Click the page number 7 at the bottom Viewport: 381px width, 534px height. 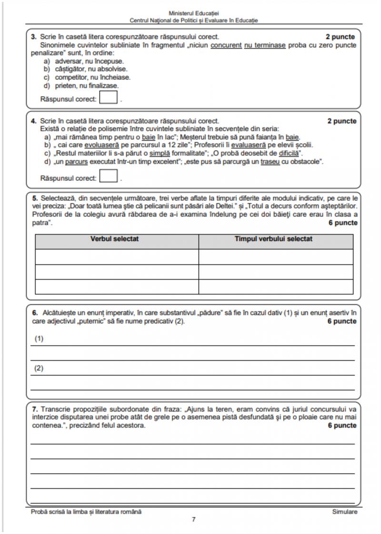[x=193, y=520]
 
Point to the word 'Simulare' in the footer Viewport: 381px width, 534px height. [x=344, y=512]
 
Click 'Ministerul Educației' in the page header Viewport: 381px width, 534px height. [x=193, y=13]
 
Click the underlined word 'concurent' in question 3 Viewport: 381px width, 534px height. [x=225, y=45]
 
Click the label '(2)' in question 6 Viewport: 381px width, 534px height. [x=39, y=368]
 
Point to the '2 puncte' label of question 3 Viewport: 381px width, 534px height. [x=341, y=37]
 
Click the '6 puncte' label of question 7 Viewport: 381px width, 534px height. [x=341, y=425]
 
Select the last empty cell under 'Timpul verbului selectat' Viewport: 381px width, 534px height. [x=276, y=287]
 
